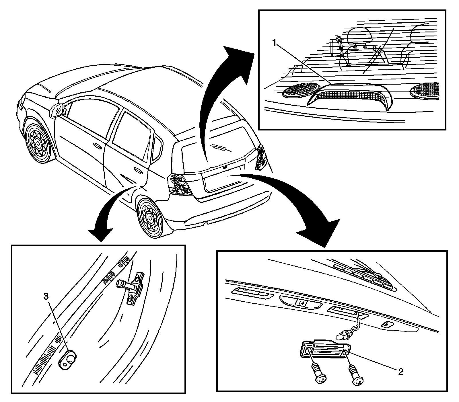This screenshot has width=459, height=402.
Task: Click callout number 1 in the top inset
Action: click(x=275, y=43)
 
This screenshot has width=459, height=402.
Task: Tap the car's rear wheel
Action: click(x=149, y=217)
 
